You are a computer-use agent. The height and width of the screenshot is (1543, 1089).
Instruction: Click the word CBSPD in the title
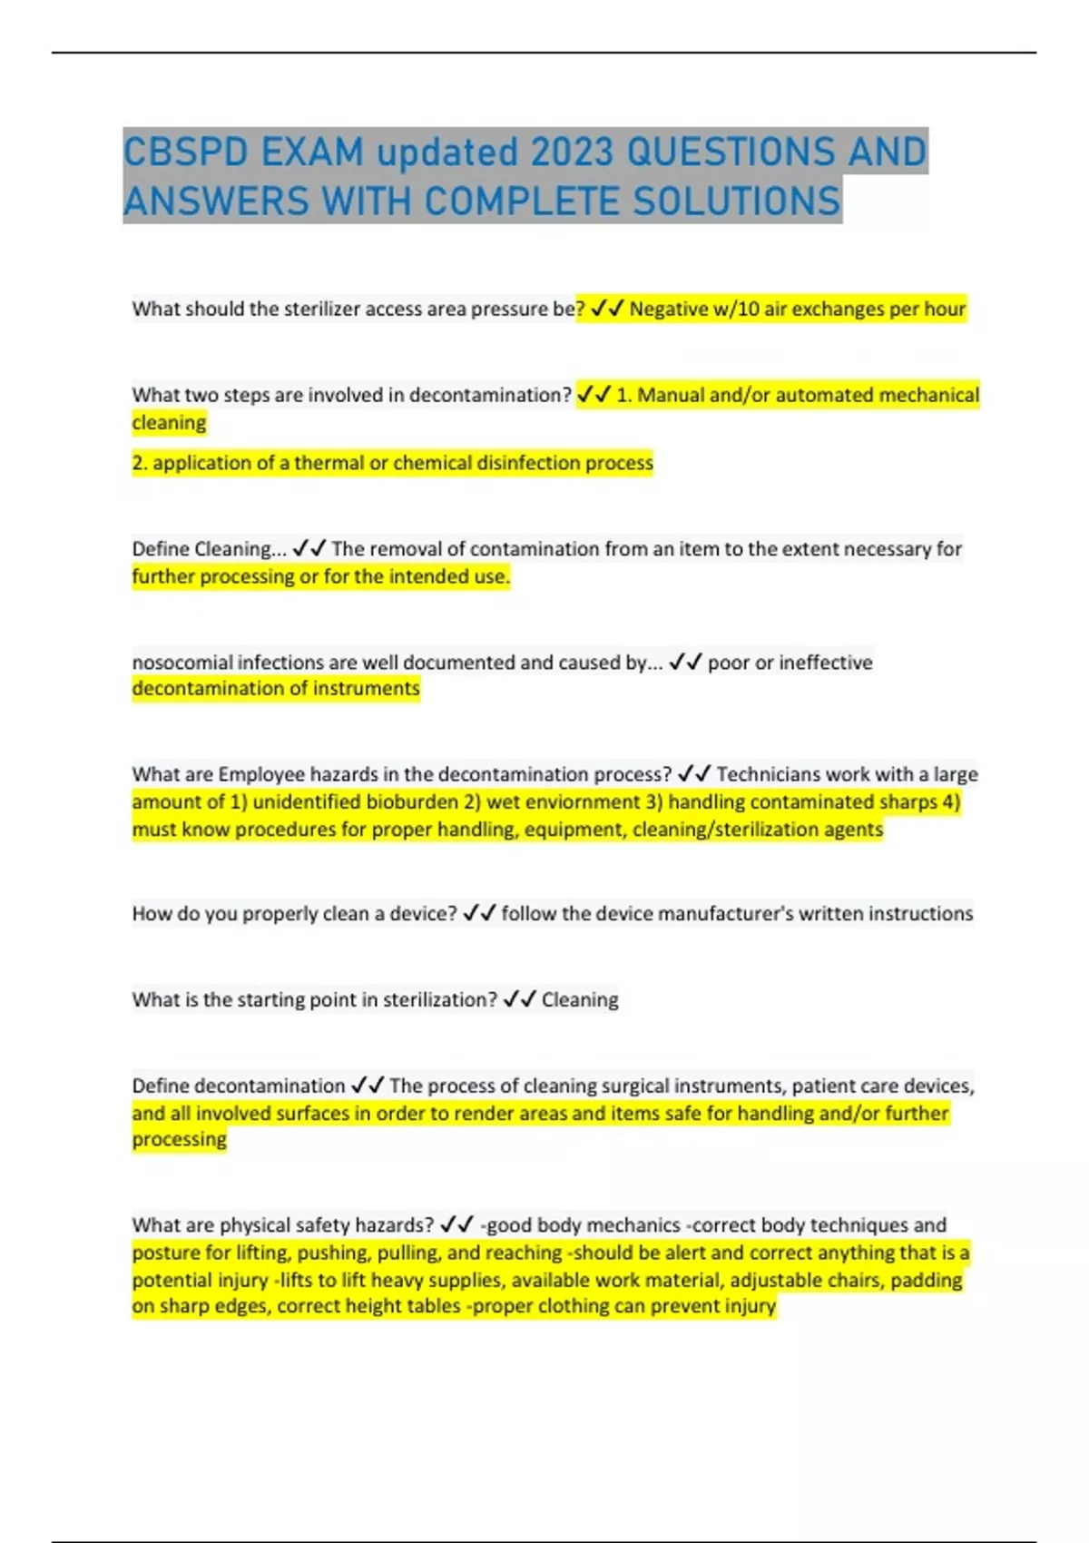click(186, 152)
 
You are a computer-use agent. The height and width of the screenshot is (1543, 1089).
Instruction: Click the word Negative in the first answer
click(669, 310)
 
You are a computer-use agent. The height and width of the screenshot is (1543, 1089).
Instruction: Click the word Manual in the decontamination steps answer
click(670, 396)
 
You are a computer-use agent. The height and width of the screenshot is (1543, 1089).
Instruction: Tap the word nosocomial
click(181, 663)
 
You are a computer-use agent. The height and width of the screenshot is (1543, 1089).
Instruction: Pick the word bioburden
click(412, 802)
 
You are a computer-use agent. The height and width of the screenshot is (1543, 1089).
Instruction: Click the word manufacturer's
click(714, 914)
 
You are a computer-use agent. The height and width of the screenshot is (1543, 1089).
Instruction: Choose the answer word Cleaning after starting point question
click(580, 1000)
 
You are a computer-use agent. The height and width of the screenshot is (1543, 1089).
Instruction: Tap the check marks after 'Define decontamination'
click(368, 1086)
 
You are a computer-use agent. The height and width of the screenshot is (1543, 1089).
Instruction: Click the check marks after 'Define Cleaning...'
click(309, 549)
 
